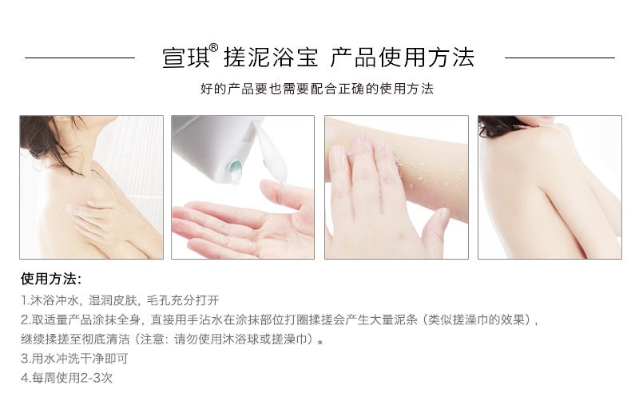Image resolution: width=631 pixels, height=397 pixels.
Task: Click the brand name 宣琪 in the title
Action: (186, 58)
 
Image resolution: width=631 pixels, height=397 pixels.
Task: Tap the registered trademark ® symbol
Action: (214, 48)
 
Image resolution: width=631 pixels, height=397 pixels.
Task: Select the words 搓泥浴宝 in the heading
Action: (271, 58)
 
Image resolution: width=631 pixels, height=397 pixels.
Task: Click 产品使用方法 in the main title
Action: (403, 58)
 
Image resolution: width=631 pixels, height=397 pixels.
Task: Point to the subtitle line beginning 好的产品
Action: (317, 89)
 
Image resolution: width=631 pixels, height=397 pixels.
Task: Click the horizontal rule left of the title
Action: (80, 58)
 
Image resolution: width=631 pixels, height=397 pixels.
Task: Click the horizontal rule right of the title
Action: (560, 58)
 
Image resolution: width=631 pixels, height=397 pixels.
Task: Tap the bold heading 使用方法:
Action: (51, 279)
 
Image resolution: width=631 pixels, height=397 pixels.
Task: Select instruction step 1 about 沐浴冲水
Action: (120, 300)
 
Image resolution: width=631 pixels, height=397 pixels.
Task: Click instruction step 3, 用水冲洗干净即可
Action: (74, 359)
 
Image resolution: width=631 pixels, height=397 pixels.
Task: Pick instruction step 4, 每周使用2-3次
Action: (67, 378)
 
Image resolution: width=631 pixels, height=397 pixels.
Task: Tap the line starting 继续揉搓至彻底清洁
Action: (173, 339)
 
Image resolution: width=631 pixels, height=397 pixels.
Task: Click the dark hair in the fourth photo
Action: (499, 124)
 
